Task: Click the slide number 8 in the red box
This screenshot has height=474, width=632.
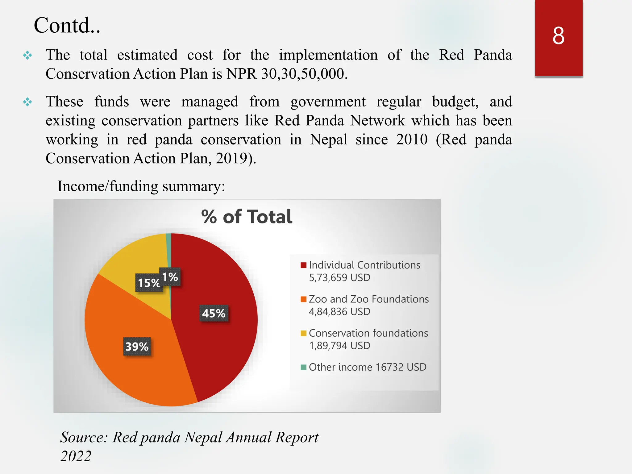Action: pos(558,36)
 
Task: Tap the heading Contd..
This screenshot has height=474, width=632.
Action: pos(67,25)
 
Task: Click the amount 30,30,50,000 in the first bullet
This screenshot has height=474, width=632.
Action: pos(302,74)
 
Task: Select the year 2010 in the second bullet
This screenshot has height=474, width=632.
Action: pos(412,139)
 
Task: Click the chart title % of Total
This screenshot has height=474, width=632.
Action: pos(247,217)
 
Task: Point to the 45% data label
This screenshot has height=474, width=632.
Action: pos(214,314)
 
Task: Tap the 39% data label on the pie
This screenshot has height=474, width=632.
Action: pos(137,347)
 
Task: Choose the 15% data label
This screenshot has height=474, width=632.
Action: pos(148,283)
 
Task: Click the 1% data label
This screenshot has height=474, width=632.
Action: pos(170,277)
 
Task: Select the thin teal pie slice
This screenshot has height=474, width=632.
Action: pos(168,247)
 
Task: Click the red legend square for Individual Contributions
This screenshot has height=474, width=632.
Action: pos(303,265)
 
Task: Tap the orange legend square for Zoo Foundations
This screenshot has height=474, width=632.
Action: pos(303,299)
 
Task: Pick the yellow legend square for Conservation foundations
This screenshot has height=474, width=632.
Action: pos(303,333)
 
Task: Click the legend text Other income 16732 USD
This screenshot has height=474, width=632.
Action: pos(367,367)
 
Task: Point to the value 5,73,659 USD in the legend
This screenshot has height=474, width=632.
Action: pos(339,278)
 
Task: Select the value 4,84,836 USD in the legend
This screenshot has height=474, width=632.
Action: pos(339,312)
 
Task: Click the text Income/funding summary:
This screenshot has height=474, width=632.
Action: pos(141,186)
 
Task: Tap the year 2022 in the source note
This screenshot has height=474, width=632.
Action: pos(76,456)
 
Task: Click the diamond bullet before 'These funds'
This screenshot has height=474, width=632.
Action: pos(27,102)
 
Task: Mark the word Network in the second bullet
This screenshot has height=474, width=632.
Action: pos(377,121)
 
